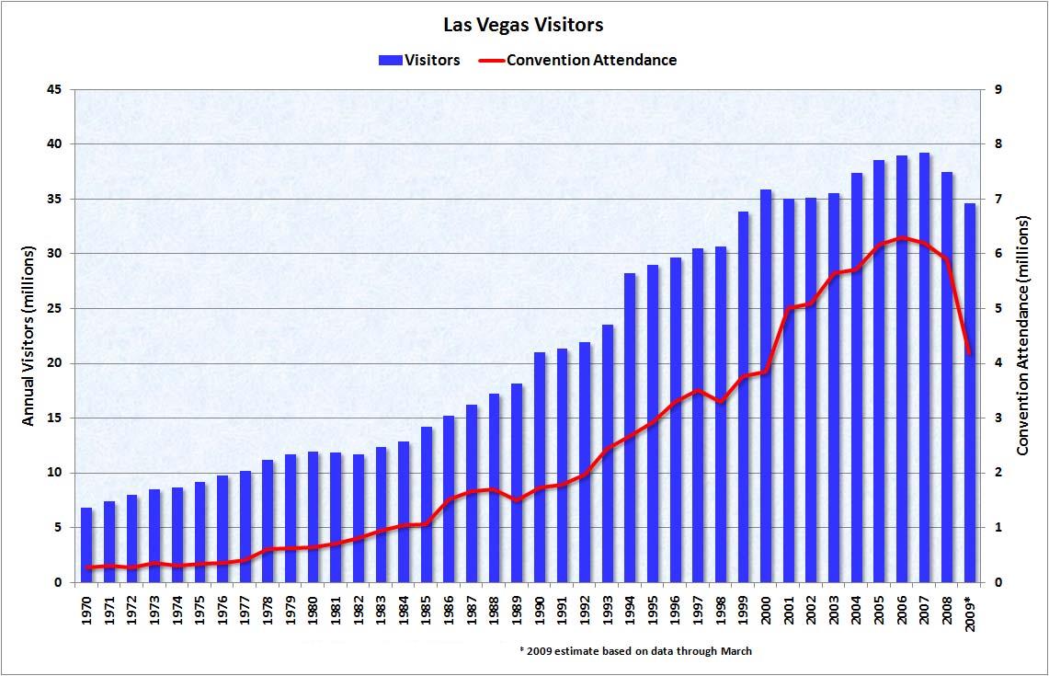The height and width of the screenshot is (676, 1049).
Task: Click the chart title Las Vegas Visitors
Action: click(x=524, y=25)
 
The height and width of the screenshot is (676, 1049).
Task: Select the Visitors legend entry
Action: click(x=419, y=61)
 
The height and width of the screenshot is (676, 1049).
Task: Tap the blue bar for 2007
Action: click(x=924, y=368)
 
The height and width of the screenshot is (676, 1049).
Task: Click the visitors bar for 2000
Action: click(x=766, y=386)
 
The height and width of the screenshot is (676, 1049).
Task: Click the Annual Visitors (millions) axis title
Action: click(x=29, y=336)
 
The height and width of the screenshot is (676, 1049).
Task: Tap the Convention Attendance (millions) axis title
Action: click(x=1023, y=336)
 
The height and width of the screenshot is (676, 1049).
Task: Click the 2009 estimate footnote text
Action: click(x=635, y=651)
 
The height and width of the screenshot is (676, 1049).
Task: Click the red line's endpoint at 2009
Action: click(x=969, y=352)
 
